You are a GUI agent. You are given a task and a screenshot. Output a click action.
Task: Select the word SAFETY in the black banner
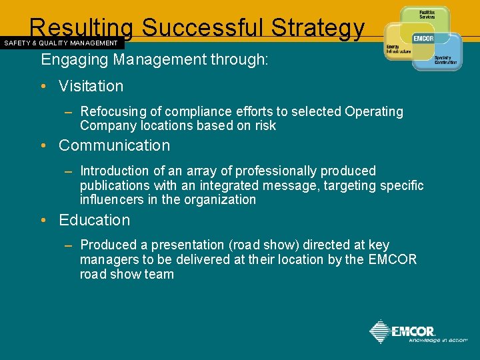18,43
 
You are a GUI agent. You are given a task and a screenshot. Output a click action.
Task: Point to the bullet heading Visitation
91,86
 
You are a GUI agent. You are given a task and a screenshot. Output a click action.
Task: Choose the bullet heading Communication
114,145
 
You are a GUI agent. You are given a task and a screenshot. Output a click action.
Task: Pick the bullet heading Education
94,220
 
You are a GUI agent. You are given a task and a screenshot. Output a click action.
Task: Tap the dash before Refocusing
68,112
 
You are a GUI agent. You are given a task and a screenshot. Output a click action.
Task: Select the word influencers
113,199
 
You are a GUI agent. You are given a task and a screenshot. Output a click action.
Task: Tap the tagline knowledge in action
438,340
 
